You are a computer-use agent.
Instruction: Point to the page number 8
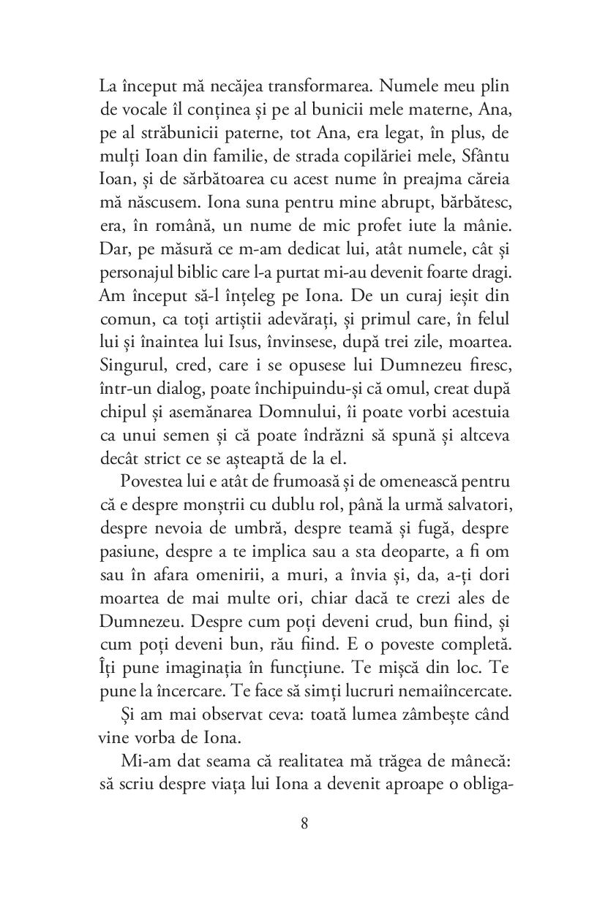click(304, 824)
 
